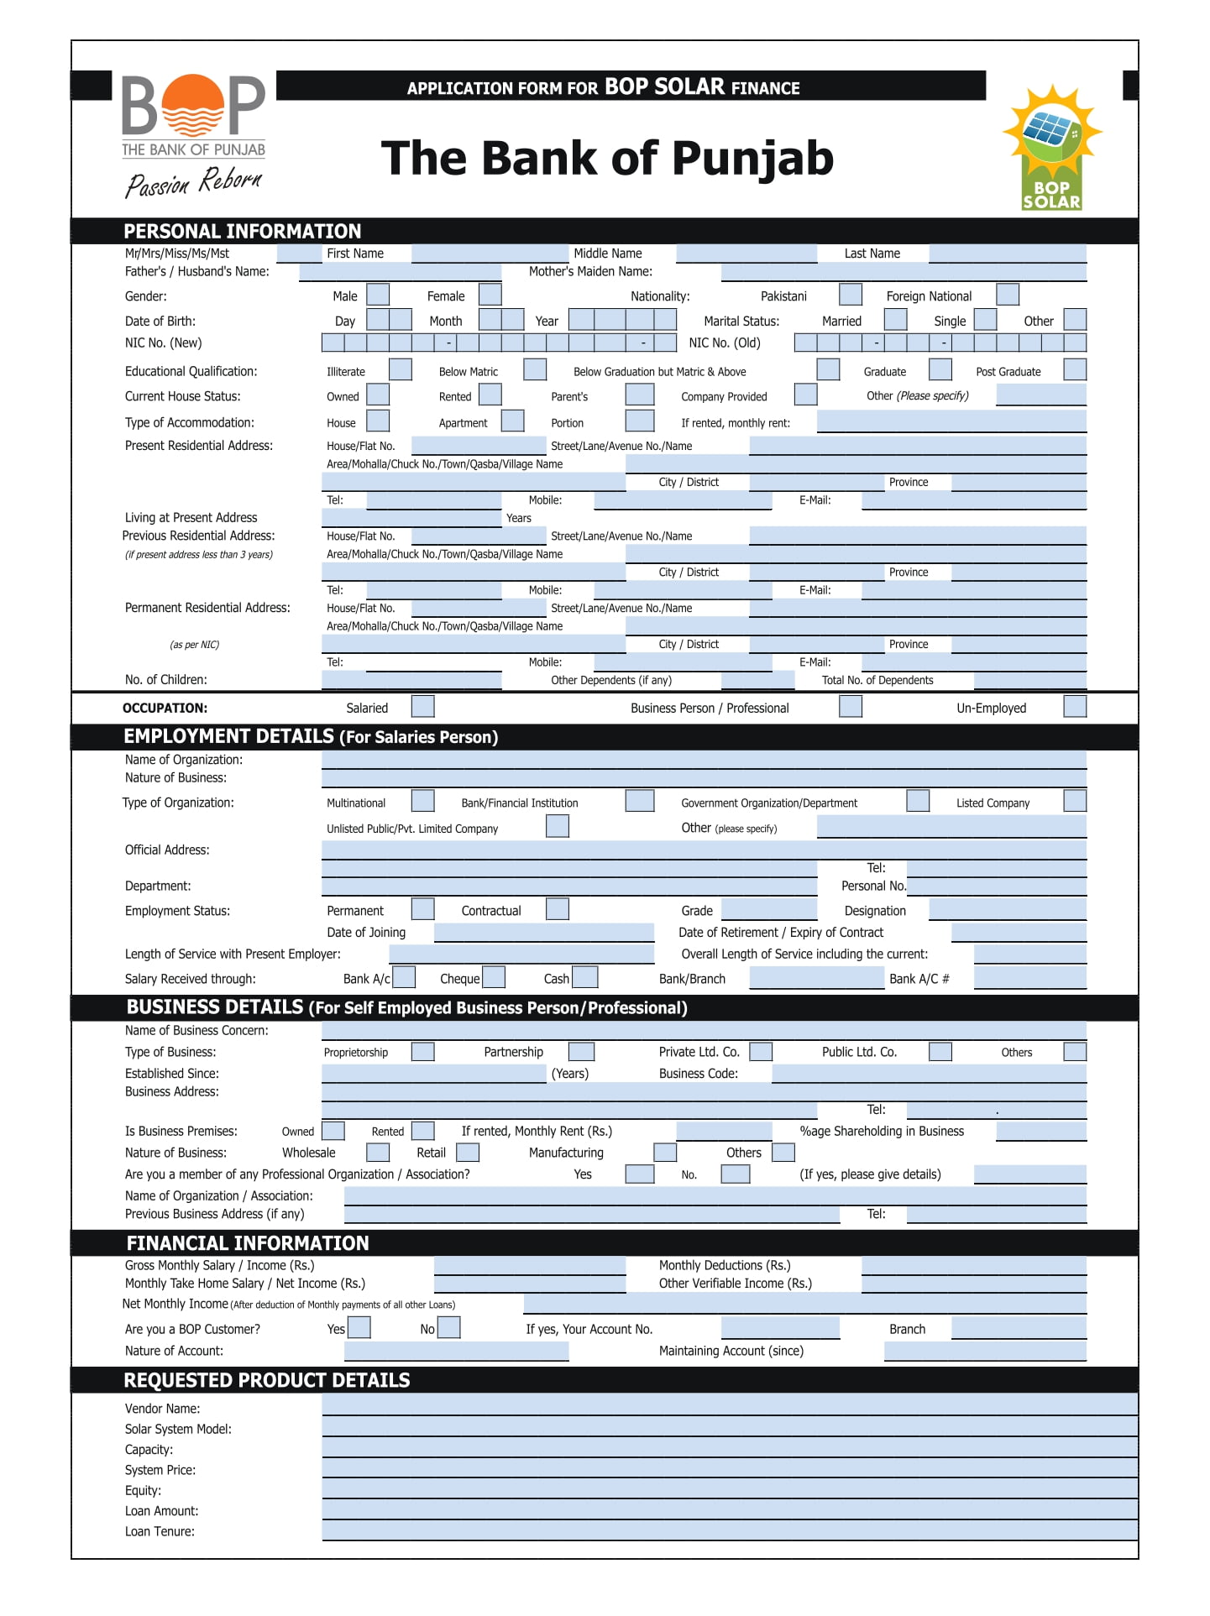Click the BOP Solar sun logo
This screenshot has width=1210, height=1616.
tap(1051, 147)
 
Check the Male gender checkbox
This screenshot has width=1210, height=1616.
tap(378, 295)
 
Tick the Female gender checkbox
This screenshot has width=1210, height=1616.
tap(490, 295)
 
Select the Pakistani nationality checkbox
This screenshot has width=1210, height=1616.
tap(851, 295)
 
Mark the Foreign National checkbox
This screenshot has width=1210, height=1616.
tap(1008, 295)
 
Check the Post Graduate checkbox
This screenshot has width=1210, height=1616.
tap(1075, 369)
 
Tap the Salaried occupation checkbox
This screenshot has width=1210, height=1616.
tap(423, 706)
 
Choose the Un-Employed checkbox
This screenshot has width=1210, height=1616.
tap(1075, 706)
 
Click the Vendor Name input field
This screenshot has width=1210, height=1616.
tap(729, 1406)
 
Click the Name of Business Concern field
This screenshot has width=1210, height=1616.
tap(704, 1030)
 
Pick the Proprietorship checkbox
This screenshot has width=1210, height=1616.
tap(423, 1051)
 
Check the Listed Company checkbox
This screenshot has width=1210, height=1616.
tap(1075, 801)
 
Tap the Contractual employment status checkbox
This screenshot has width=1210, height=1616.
tap(558, 909)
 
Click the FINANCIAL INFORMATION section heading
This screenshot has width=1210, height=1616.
tap(248, 1242)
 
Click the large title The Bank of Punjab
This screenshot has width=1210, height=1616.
tap(607, 159)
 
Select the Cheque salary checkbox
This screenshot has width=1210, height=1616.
tap(495, 977)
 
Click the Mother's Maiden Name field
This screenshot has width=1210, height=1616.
tap(904, 271)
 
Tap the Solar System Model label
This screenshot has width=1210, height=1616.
tap(178, 1429)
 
